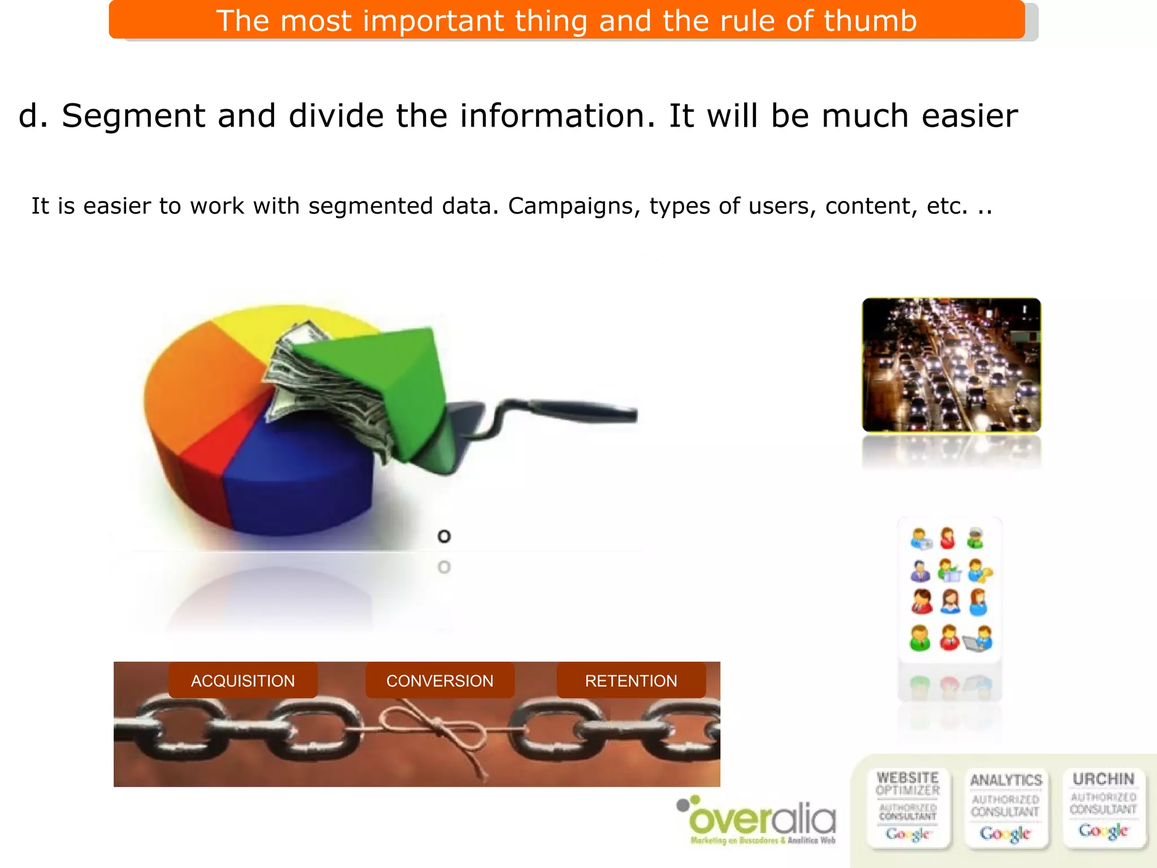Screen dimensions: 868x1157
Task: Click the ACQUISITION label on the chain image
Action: tap(243, 680)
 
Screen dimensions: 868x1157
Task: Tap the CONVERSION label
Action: tap(440, 680)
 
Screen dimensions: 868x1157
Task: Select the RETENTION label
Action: tap(631, 680)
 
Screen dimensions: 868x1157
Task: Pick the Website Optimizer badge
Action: tap(908, 807)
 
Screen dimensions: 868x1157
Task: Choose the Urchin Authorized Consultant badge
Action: tap(1103, 807)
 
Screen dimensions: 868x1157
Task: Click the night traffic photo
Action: tap(951, 364)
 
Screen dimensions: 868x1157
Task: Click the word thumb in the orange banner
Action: tap(870, 21)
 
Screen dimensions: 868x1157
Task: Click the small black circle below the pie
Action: tap(444, 536)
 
